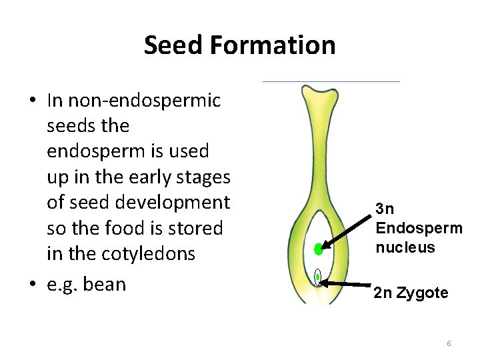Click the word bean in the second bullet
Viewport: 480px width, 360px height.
point(106,284)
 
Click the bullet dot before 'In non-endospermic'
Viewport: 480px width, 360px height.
point(33,101)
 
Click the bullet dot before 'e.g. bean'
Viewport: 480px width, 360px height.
point(33,285)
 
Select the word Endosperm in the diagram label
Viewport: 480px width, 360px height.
point(419,228)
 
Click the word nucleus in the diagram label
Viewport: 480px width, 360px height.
point(405,247)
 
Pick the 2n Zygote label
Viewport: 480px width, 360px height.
point(411,293)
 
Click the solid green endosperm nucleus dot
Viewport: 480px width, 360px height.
point(319,250)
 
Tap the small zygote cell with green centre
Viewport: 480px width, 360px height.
point(318,276)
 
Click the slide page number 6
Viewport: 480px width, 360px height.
point(449,343)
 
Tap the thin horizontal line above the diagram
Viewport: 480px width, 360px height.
point(331,81)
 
